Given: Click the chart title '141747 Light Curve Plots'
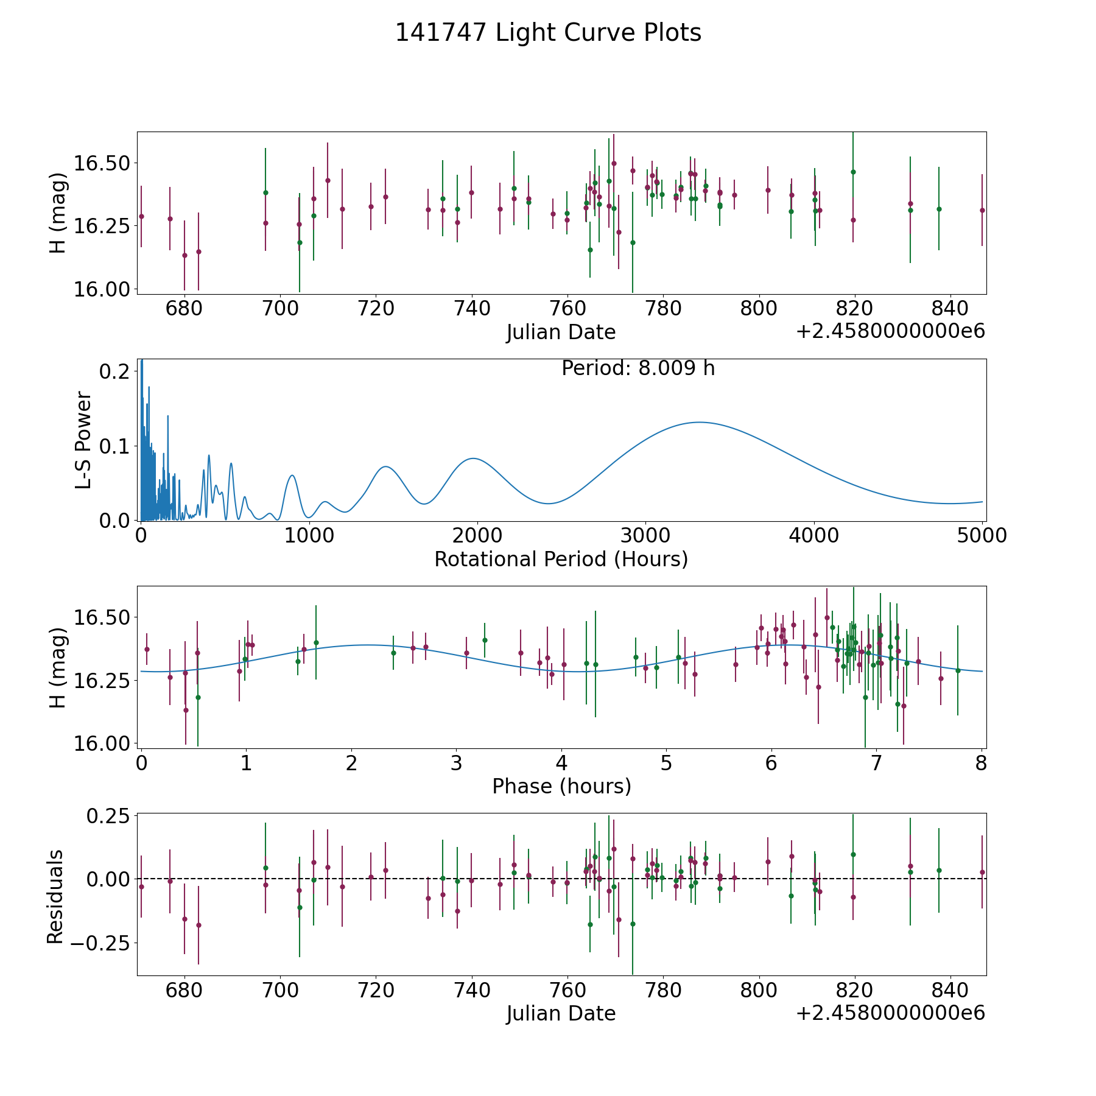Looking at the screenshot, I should [x=548, y=33].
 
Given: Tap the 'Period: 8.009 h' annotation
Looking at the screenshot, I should [x=638, y=368].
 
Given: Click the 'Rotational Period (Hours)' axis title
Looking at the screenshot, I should [x=561, y=559].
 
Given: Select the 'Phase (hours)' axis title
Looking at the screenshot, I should [x=561, y=786].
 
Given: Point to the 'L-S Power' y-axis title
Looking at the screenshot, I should [x=83, y=440].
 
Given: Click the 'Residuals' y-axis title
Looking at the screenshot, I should [x=55, y=897].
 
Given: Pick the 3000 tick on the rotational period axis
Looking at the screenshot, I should [x=645, y=536].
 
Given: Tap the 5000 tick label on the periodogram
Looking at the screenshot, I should [x=982, y=536].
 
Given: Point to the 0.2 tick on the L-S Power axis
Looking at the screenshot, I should [x=114, y=371].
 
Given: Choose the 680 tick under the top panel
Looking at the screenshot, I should [x=184, y=309].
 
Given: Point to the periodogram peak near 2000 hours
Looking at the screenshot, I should [x=473, y=458].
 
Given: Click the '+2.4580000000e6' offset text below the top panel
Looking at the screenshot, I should [x=890, y=331].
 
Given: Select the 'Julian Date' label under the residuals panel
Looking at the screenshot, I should [x=561, y=1013].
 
